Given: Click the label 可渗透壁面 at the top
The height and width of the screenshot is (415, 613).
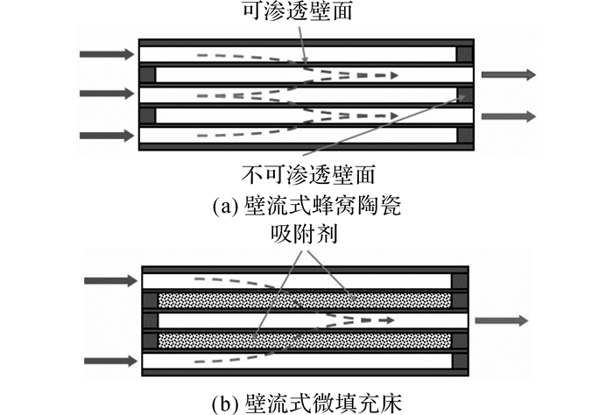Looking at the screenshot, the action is tap(298, 10).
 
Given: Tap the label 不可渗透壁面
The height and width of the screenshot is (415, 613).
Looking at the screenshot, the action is tap(308, 174).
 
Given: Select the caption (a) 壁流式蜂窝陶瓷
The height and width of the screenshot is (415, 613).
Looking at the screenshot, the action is tap(306, 206).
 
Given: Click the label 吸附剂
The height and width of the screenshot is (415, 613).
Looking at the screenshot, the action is tap(304, 234).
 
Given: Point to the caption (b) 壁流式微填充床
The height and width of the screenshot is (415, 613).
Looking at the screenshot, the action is tap(306, 403).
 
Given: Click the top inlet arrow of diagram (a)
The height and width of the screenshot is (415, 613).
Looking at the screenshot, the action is tap(107, 54).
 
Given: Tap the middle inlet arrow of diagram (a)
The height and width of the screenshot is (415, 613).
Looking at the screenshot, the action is tap(107, 94).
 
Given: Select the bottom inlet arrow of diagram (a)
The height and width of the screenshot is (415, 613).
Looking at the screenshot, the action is tap(107, 136).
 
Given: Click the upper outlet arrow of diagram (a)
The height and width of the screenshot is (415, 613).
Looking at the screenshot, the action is tap(508, 74).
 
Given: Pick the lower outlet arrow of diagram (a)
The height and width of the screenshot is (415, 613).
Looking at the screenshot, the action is tap(508, 116).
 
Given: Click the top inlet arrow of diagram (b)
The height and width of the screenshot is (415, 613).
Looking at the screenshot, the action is tap(111, 280).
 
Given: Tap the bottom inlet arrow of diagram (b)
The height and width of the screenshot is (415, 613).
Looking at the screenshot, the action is tap(111, 361).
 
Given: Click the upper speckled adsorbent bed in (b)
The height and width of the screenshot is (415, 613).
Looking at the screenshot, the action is tap(305, 300).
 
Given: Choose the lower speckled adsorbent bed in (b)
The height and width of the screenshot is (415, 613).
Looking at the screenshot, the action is tap(305, 341).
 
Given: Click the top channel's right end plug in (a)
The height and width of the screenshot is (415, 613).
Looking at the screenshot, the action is tap(465, 54).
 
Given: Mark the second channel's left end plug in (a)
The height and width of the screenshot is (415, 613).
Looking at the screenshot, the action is tap(148, 74).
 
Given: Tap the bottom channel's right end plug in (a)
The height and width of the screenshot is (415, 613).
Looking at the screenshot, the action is tap(465, 135).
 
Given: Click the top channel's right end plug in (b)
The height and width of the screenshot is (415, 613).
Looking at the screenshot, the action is tap(460, 281).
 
